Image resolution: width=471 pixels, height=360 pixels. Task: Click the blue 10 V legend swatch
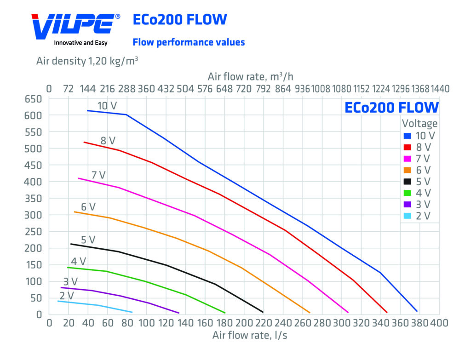point(407,136)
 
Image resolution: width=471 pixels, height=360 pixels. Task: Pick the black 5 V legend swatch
point(407,182)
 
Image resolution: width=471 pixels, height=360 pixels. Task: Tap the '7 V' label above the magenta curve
point(98,175)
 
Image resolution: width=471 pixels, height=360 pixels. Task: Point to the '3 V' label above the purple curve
point(70,281)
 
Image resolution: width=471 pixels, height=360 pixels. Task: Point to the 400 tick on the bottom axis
point(439,323)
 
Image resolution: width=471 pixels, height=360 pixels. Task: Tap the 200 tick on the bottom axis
point(244,323)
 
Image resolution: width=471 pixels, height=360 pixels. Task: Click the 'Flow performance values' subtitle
point(189,42)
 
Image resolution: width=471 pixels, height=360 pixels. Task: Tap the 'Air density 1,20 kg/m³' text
point(88,61)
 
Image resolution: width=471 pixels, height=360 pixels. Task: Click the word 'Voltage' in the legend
point(419,124)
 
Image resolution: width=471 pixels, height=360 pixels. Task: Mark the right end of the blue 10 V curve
point(417,311)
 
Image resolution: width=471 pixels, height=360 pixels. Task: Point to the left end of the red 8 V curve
point(84,142)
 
